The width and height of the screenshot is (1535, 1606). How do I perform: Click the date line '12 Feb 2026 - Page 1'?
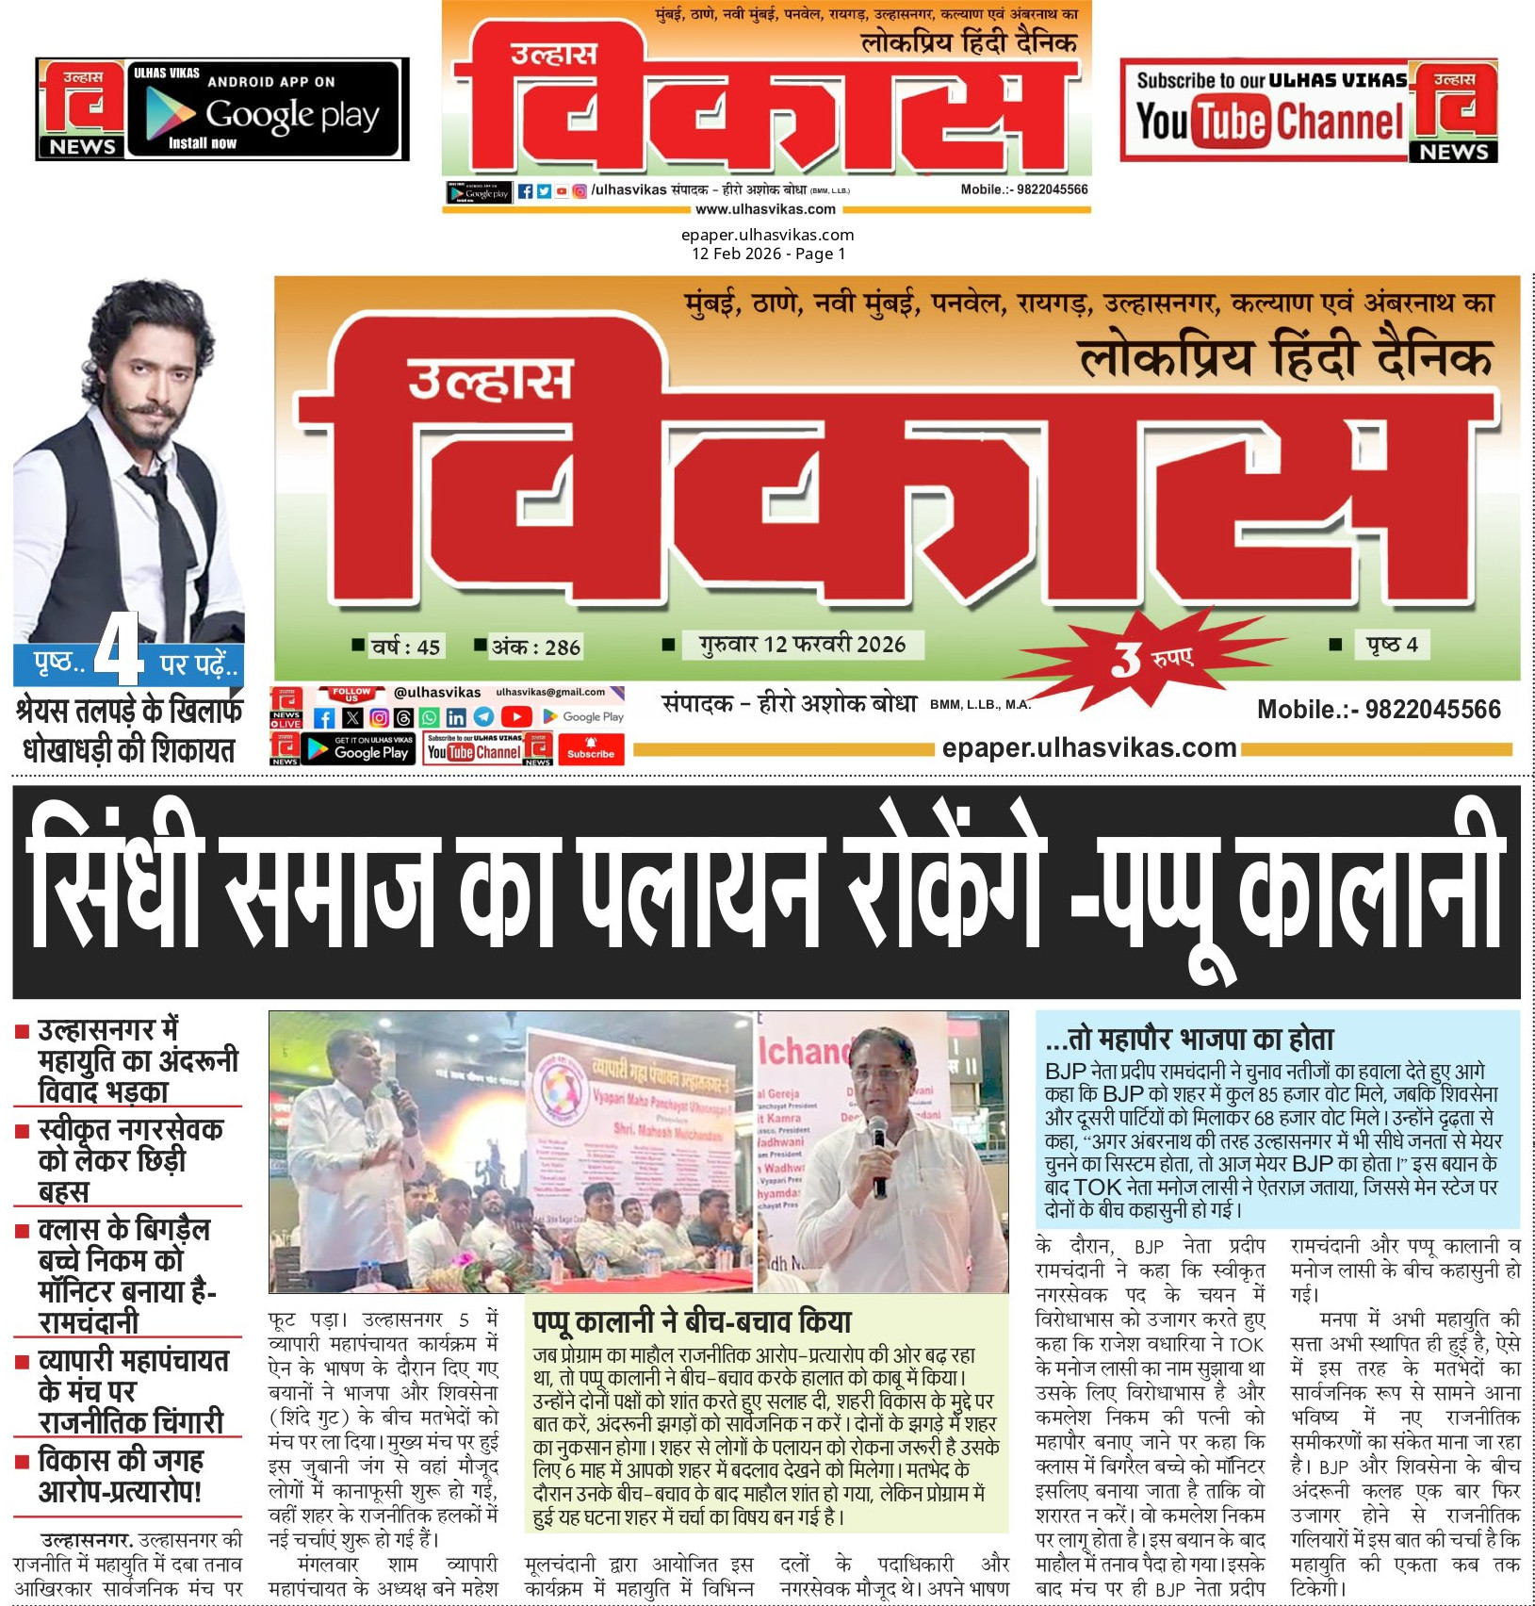pyautogui.click(x=768, y=254)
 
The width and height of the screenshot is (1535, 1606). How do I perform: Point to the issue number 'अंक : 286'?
pyautogui.click(x=535, y=647)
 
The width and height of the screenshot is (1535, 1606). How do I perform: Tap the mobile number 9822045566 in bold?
pyautogui.click(x=1378, y=710)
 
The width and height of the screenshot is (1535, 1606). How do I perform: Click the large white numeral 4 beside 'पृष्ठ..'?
pyautogui.click(x=119, y=650)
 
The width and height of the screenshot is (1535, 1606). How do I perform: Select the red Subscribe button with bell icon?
pyautogui.click(x=591, y=748)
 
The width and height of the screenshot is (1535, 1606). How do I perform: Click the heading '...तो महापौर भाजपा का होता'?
pyautogui.click(x=1189, y=1040)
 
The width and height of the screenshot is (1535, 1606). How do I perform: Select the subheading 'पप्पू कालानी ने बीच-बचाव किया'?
pyautogui.click(x=693, y=1321)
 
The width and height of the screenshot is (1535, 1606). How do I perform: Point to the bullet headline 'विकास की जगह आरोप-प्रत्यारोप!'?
pyautogui.click(x=121, y=1476)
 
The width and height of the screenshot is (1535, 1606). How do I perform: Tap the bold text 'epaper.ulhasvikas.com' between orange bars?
pyautogui.click(x=1088, y=748)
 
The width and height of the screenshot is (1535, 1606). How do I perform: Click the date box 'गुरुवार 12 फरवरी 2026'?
pyautogui.click(x=802, y=645)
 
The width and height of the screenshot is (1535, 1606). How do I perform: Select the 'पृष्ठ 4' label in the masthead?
pyautogui.click(x=1392, y=645)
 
